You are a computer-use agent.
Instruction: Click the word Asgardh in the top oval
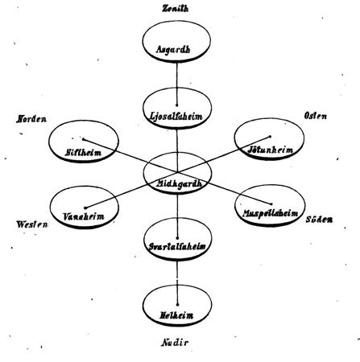pyautogui.click(x=173, y=49)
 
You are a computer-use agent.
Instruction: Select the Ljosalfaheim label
pyautogui.click(x=176, y=117)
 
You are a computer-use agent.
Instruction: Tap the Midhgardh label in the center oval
pyautogui.click(x=179, y=183)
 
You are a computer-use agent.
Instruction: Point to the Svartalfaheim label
pyautogui.click(x=177, y=247)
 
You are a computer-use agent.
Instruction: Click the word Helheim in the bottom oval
pyautogui.click(x=176, y=315)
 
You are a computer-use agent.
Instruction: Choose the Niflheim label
pyautogui.click(x=83, y=153)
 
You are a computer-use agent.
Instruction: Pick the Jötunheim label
pyautogui.click(x=270, y=150)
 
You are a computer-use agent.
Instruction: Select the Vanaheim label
pyautogui.click(x=84, y=216)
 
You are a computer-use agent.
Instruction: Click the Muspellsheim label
pyautogui.click(x=270, y=213)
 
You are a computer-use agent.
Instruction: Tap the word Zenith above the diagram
pyautogui.click(x=176, y=9)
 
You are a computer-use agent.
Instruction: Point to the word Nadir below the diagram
pyautogui.click(x=175, y=343)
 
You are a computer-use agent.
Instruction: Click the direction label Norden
pyautogui.click(x=31, y=119)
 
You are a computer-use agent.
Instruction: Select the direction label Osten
pyautogui.click(x=316, y=116)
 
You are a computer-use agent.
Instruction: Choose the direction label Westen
pyautogui.click(x=32, y=224)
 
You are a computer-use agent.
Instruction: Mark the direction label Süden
pyautogui.click(x=319, y=220)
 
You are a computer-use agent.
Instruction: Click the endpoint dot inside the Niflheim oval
pyautogui.click(x=83, y=139)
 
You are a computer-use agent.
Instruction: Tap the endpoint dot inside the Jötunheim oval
pyautogui.click(x=270, y=137)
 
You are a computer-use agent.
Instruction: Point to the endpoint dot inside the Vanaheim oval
pyautogui.click(x=85, y=208)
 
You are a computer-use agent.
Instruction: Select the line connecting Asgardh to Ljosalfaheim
pyautogui.click(x=176, y=84)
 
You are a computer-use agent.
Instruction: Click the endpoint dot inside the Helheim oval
pyautogui.click(x=177, y=305)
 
